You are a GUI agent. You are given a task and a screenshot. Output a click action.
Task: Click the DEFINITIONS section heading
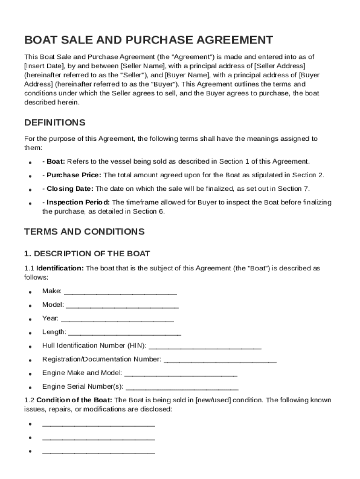[x=55, y=123]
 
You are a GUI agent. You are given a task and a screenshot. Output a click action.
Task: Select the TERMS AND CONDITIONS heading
[x=84, y=232]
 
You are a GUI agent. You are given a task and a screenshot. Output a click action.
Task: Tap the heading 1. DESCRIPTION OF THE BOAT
[x=87, y=254]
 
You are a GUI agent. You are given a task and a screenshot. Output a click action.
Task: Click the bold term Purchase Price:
[x=73, y=175]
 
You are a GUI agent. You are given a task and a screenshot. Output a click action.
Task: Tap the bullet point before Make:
[x=30, y=292]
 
